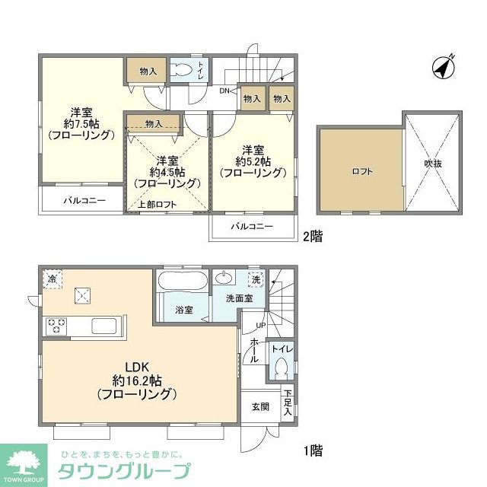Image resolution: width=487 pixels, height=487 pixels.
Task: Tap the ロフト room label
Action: (361, 171)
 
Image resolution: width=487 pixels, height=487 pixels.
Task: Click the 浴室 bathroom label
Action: (184, 310)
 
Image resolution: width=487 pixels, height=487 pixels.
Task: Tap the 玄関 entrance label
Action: (259, 406)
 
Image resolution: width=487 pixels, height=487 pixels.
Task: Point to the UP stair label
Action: (259, 326)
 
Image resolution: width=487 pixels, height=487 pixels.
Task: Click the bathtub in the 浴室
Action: (180, 282)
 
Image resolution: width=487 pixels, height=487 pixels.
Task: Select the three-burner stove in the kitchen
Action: (56, 326)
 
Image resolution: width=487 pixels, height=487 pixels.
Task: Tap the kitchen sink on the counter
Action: (103, 326)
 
